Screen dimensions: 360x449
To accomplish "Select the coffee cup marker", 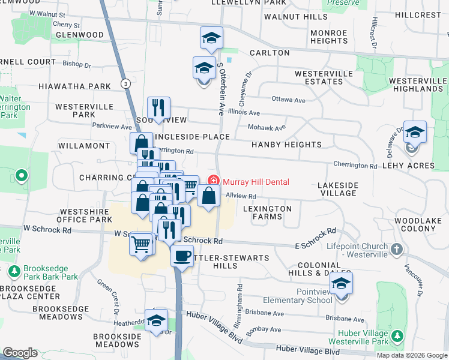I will click(181, 256).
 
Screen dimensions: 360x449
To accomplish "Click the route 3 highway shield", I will click(125, 82).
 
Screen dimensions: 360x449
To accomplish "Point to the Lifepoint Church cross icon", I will click(396, 248).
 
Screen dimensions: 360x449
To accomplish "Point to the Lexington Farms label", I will click(267, 212).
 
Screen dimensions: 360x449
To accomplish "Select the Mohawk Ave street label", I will click(267, 128).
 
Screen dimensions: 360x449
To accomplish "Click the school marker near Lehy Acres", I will click(415, 133).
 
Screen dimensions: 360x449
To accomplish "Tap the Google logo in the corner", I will click(20, 353).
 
